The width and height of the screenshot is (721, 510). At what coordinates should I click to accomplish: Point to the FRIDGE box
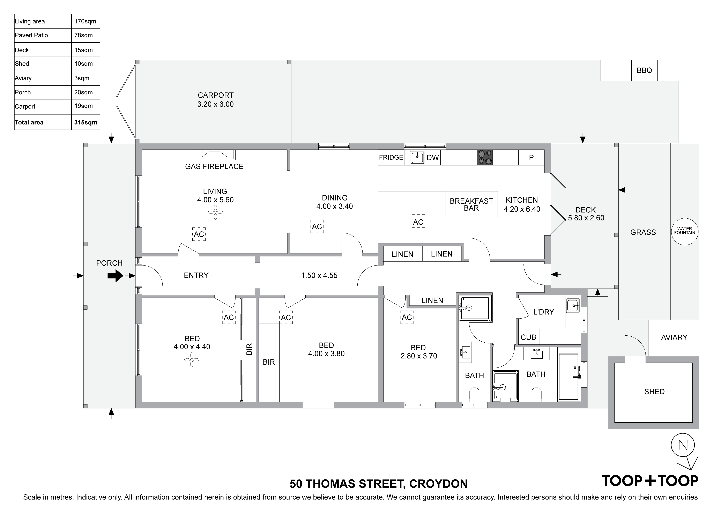click(x=391, y=158)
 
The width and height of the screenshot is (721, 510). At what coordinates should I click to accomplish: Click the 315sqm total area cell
click(x=86, y=122)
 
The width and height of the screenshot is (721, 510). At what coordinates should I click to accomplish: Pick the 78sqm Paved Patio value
click(x=83, y=35)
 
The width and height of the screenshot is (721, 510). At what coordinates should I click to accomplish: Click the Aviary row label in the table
click(x=23, y=78)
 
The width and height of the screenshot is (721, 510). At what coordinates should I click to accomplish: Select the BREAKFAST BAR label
click(x=471, y=204)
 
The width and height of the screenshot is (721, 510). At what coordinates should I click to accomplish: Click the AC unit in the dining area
click(x=317, y=226)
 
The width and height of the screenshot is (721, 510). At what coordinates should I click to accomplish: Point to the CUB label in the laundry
click(x=528, y=337)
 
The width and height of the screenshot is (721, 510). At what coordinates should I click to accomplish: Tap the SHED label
click(x=654, y=392)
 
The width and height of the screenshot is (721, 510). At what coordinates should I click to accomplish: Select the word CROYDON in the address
click(x=439, y=484)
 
